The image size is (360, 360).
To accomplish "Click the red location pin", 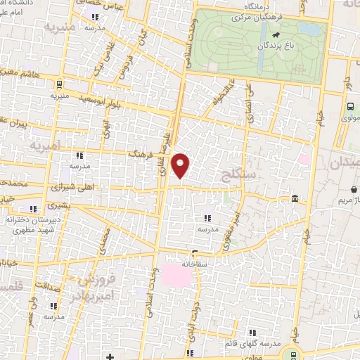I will pyautogui.click(x=181, y=166).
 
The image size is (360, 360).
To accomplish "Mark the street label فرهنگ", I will pyautogui.click(x=138, y=152).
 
